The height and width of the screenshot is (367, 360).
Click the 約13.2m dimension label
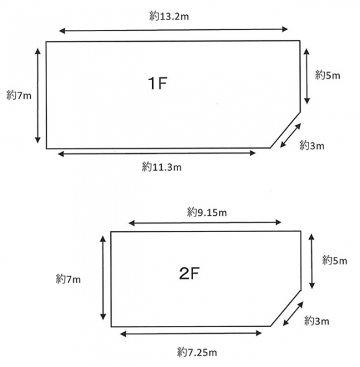tap(169, 16)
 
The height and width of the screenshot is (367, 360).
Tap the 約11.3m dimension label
tap(162, 167)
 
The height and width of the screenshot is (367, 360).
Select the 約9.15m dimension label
tap(207, 213)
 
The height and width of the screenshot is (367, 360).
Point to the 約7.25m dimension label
tap(197, 352)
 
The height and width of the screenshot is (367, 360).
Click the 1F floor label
tap(157, 83)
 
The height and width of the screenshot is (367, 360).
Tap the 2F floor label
tap(189, 273)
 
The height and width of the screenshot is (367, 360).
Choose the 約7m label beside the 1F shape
tap(19, 95)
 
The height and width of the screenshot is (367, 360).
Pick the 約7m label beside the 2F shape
tap(68, 279)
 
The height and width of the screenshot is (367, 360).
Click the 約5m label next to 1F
tap(327, 75)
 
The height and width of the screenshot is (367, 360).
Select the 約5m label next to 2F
tap(335, 261)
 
